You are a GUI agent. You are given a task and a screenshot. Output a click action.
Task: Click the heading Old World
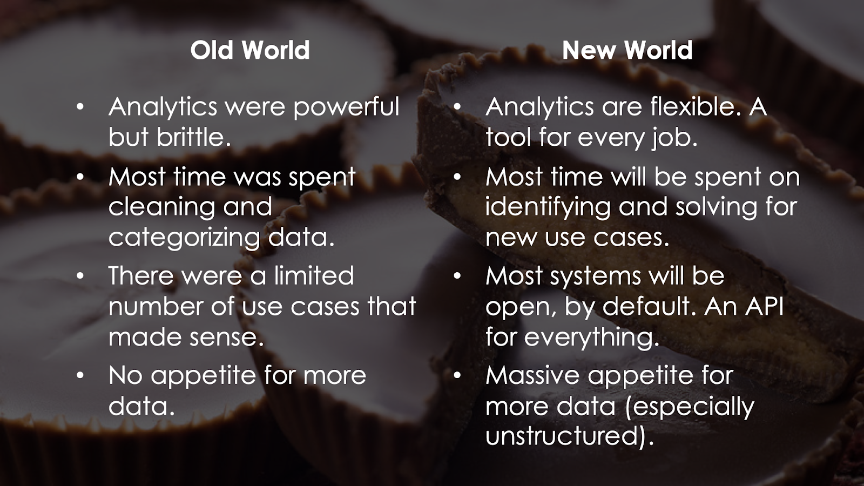(250, 50)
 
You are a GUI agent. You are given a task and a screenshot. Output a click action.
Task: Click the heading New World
(627, 50)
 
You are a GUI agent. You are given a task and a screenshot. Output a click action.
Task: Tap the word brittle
(194, 137)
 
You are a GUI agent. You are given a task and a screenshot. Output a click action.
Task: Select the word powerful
(346, 107)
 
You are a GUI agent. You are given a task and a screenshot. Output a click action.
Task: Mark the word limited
(314, 275)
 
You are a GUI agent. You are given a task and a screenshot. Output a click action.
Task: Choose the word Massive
(532, 375)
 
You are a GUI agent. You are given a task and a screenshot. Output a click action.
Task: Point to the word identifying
(548, 207)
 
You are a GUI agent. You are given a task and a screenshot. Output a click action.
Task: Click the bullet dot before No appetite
(80, 375)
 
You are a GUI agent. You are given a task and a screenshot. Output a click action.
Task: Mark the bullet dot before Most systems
(457, 276)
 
